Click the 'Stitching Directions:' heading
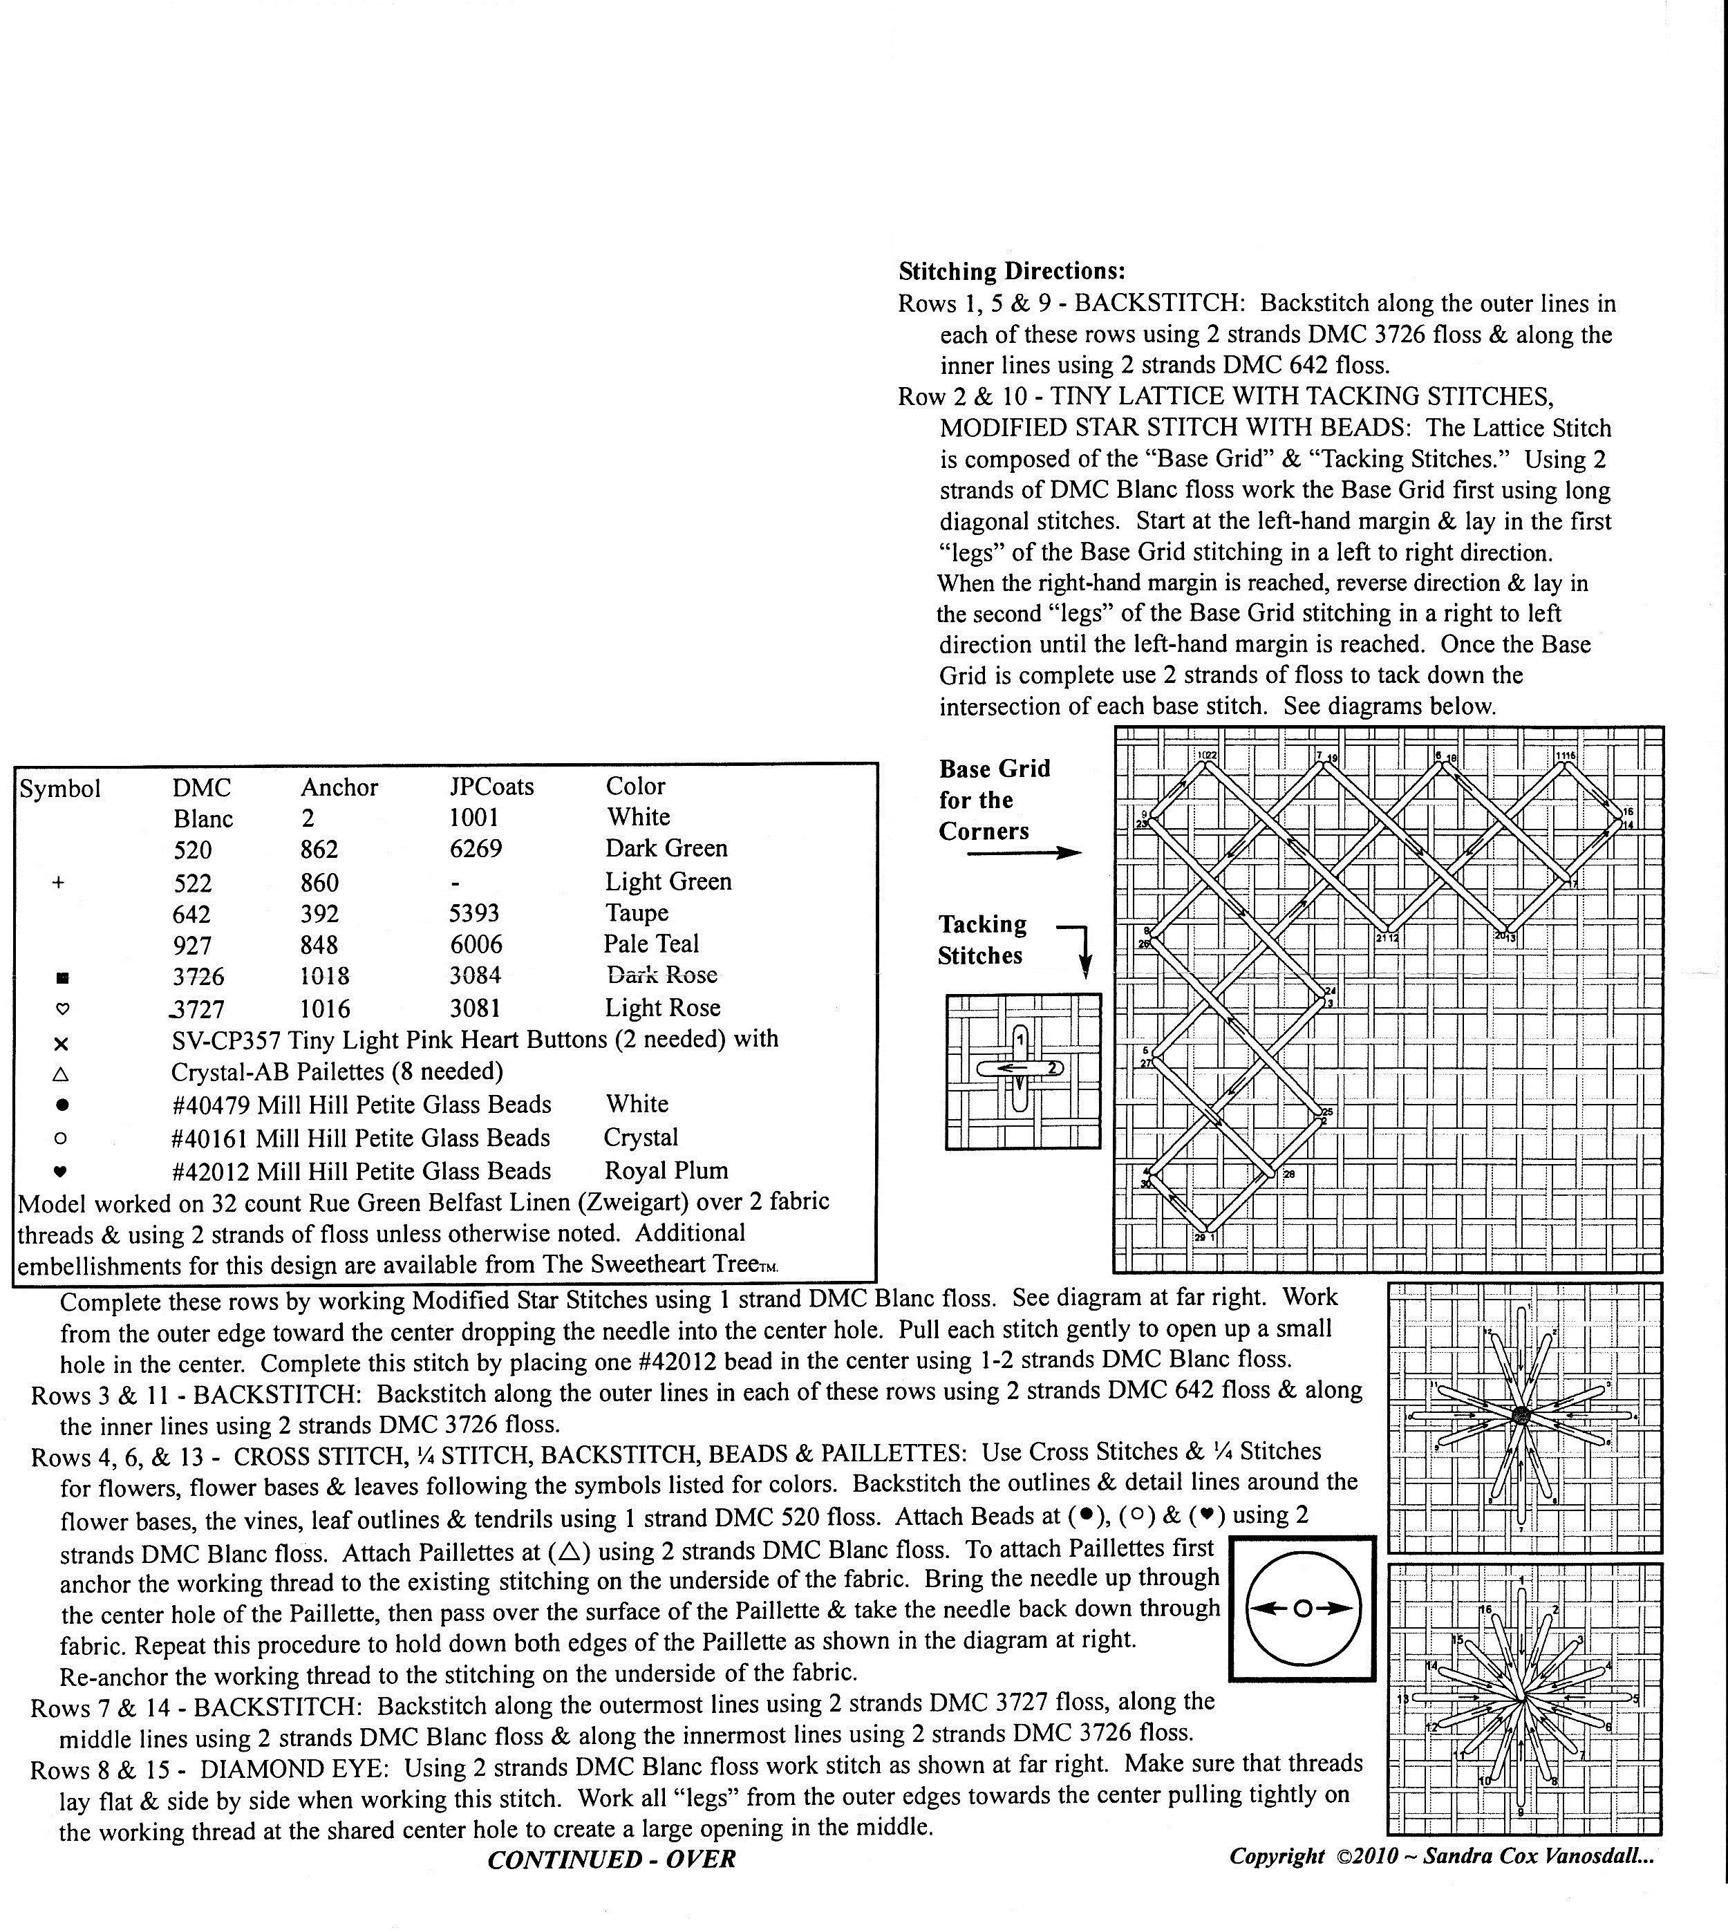(1011, 272)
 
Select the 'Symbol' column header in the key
(60, 789)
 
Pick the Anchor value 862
(320, 849)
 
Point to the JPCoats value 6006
(476, 944)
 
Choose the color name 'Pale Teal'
(650, 944)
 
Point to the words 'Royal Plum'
(666, 1170)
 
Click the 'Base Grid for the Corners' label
(994, 800)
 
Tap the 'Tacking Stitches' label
(982, 940)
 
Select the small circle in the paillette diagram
(1303, 1608)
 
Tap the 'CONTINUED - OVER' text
(612, 1859)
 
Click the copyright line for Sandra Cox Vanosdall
(1441, 1857)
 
